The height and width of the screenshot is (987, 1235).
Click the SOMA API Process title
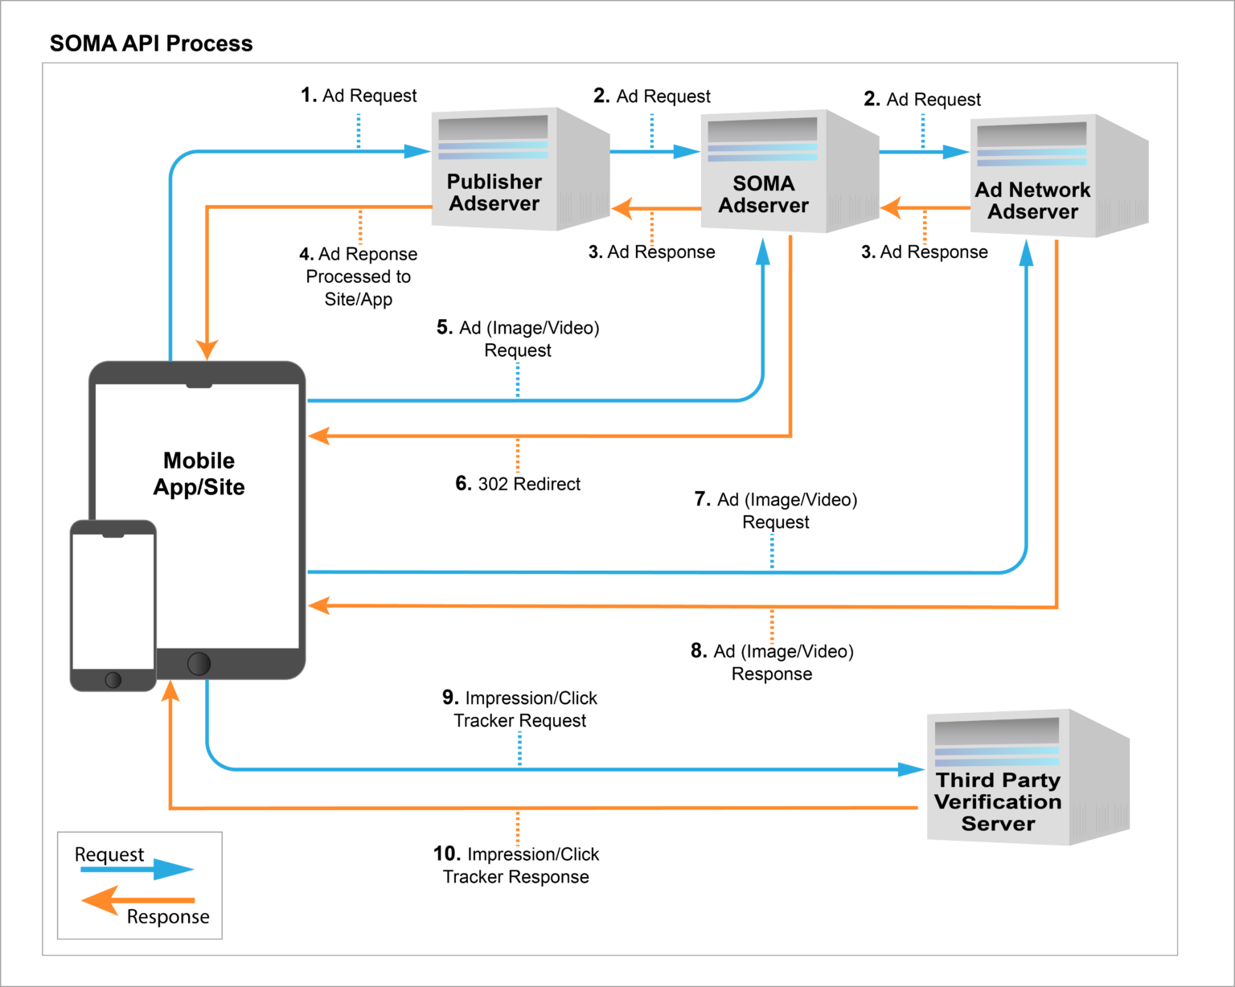tap(151, 43)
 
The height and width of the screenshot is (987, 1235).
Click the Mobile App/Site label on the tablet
tap(199, 473)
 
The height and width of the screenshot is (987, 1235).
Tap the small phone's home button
tap(113, 680)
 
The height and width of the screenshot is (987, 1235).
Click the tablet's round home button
tap(199, 663)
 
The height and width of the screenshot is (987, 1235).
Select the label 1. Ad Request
tap(359, 96)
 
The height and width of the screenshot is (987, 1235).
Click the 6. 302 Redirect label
tap(518, 484)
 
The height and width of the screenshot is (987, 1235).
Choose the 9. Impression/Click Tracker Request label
tap(519, 709)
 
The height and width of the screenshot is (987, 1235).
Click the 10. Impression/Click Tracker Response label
tap(516, 865)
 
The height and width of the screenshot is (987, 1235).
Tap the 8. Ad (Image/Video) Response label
tap(772, 662)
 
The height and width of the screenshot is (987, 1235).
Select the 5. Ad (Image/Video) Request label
tap(518, 338)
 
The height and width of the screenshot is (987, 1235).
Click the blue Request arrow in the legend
tap(137, 870)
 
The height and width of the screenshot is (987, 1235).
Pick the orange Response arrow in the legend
tap(137, 900)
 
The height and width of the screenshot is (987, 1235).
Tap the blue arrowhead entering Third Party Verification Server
tap(912, 769)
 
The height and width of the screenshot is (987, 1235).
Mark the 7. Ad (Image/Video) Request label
tap(776, 510)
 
